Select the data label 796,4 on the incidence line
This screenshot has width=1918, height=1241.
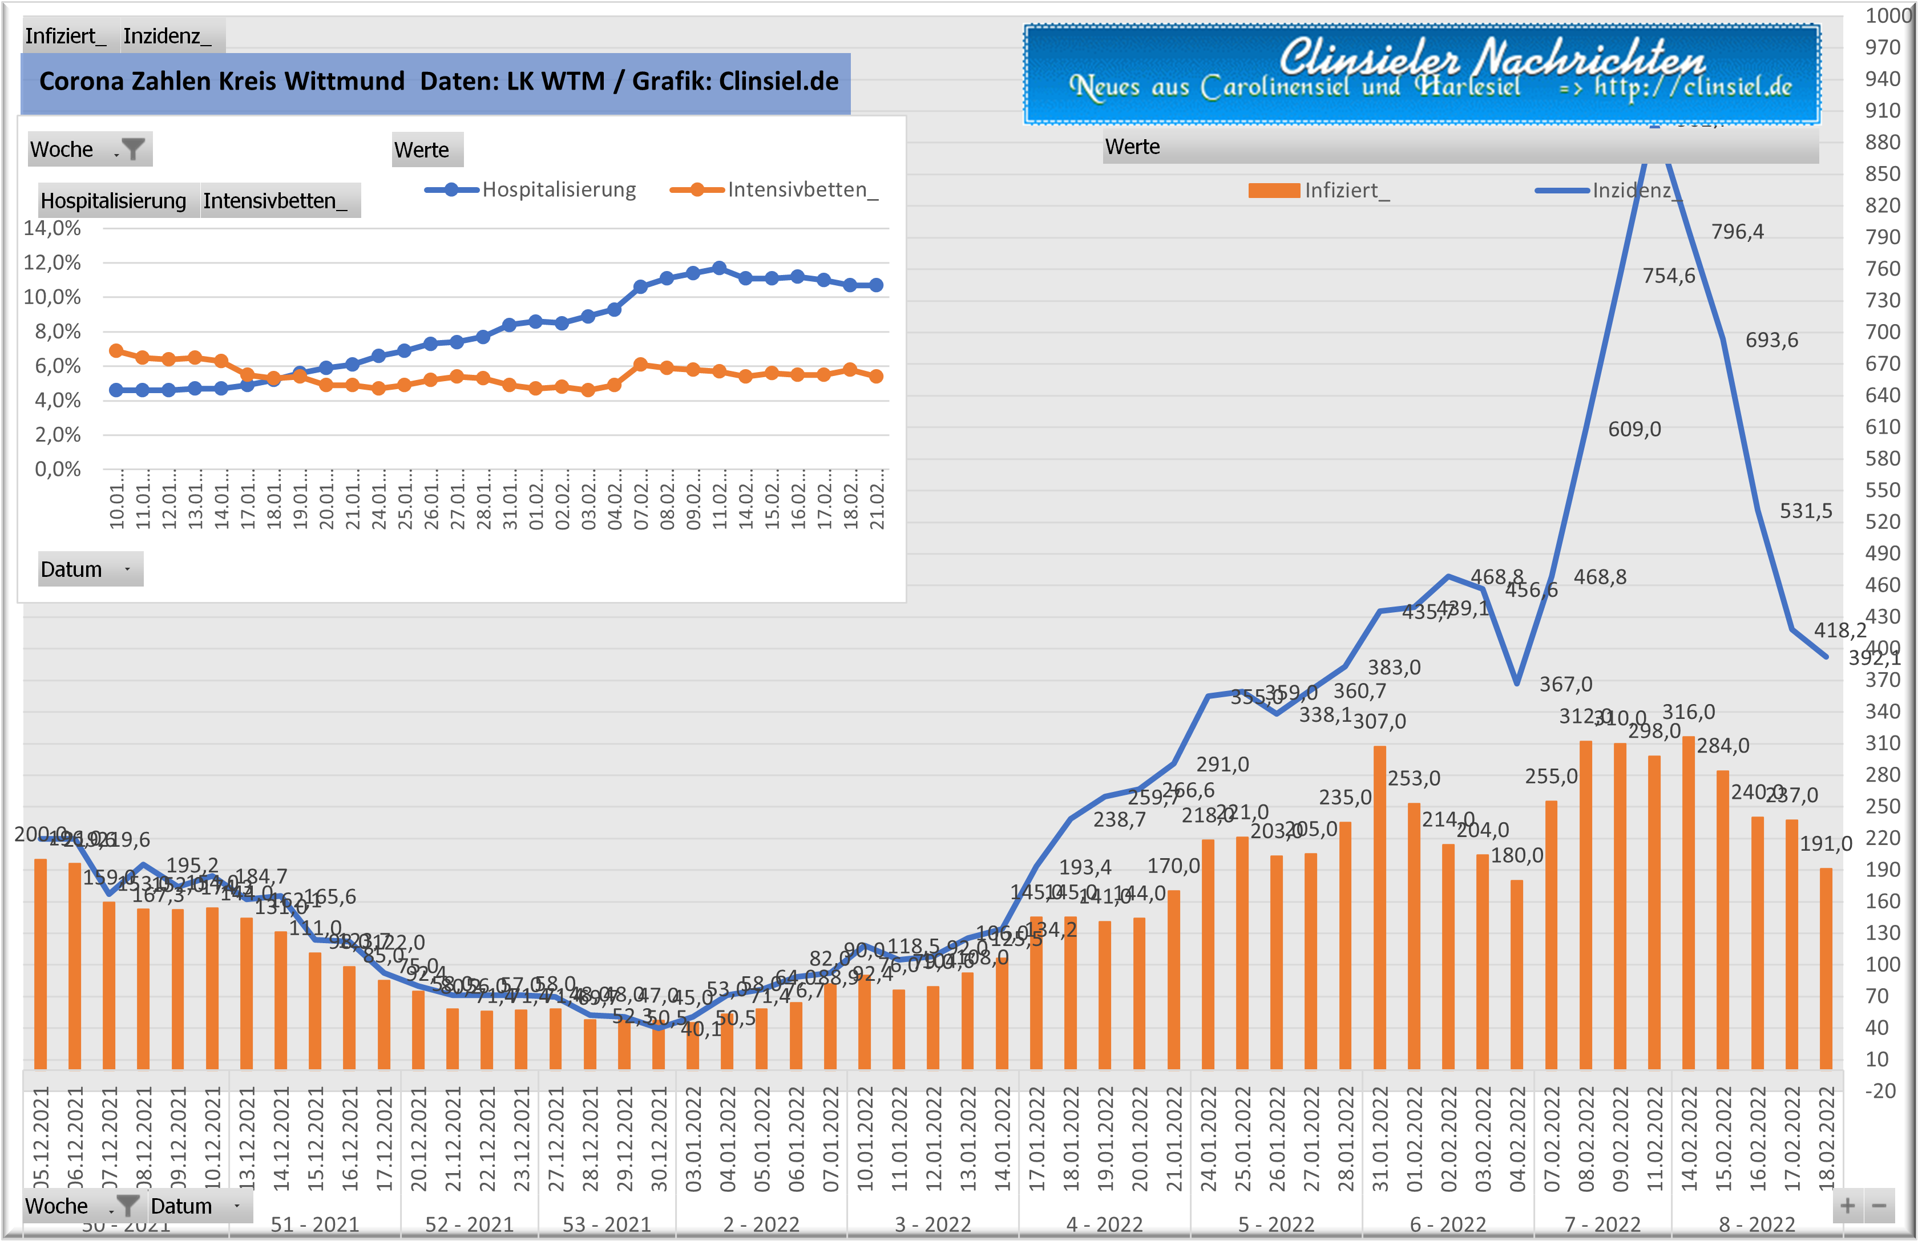coord(1738,232)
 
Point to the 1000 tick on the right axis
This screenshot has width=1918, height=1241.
coord(1889,16)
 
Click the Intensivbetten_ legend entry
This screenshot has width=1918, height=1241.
coord(774,190)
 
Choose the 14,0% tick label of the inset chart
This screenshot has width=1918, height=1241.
coord(53,228)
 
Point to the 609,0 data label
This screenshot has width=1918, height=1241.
coord(1634,430)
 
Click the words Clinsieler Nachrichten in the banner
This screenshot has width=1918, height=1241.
coord(1491,58)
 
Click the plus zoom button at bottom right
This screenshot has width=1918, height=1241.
coord(1848,1206)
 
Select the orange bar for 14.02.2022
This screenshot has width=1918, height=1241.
coord(1689,903)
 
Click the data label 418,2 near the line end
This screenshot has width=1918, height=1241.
coord(1840,630)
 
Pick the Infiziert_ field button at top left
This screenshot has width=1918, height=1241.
coord(65,37)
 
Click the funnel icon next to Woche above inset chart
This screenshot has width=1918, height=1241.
coord(133,149)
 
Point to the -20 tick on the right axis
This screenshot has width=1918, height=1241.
coord(1880,1091)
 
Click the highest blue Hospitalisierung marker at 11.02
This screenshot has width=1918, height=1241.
coord(720,268)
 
